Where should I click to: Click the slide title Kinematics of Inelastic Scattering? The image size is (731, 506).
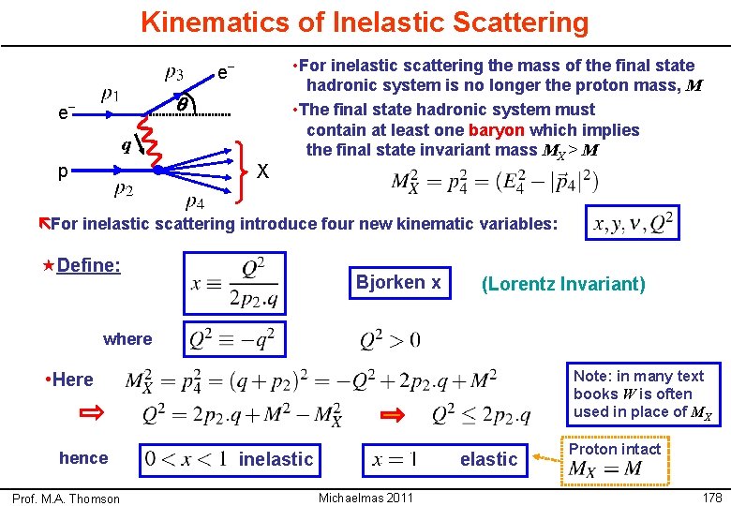(x=365, y=22)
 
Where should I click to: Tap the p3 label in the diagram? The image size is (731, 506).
(x=174, y=72)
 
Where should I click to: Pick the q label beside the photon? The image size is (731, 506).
(x=125, y=146)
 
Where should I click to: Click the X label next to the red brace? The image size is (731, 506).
(x=263, y=171)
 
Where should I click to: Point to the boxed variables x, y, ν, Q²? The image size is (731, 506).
(x=633, y=224)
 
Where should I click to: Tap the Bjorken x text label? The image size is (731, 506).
(x=398, y=282)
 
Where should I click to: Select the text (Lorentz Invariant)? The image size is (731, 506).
(x=563, y=284)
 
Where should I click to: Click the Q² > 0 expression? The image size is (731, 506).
(x=390, y=339)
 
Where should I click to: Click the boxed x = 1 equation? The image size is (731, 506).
(x=394, y=458)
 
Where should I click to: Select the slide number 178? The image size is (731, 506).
(x=711, y=497)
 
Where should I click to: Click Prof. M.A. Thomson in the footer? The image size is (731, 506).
(x=66, y=498)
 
